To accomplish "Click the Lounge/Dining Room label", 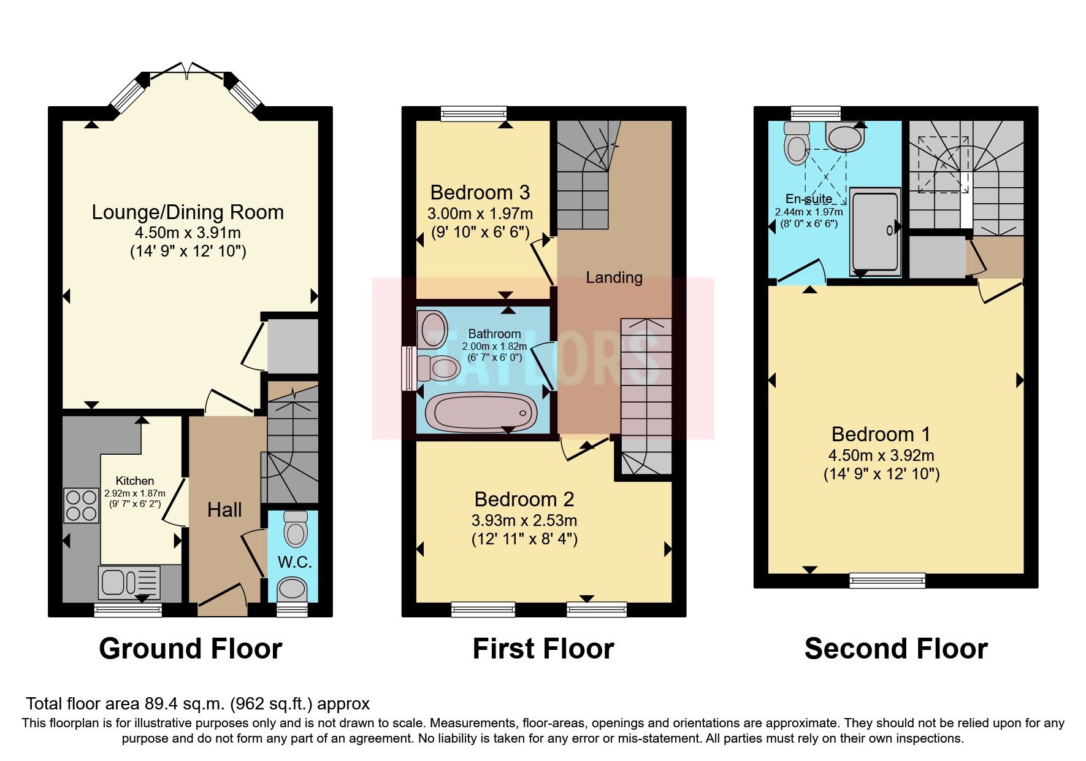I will (188, 212).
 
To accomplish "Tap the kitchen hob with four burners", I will (81, 505).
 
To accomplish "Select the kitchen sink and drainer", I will (129, 582).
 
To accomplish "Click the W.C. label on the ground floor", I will (295, 562).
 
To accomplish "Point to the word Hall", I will (224, 510).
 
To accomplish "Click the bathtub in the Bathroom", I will (480, 412).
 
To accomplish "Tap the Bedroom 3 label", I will (480, 193).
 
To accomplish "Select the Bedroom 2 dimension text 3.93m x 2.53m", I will (524, 520).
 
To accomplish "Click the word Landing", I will (614, 277).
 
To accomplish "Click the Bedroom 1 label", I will (881, 435).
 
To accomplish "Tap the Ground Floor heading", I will (190, 649).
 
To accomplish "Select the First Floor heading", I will (543, 649).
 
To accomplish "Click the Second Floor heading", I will (895, 649).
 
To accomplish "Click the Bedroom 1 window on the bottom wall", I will (887, 579).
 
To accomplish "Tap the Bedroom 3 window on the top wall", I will (474, 113).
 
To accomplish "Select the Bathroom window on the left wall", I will (408, 368).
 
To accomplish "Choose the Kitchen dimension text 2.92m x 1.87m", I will (135, 493).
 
